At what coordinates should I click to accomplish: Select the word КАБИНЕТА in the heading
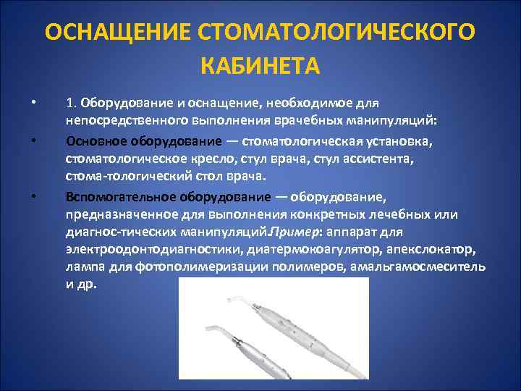coord(260,67)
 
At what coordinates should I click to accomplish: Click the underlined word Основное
coord(93,140)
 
